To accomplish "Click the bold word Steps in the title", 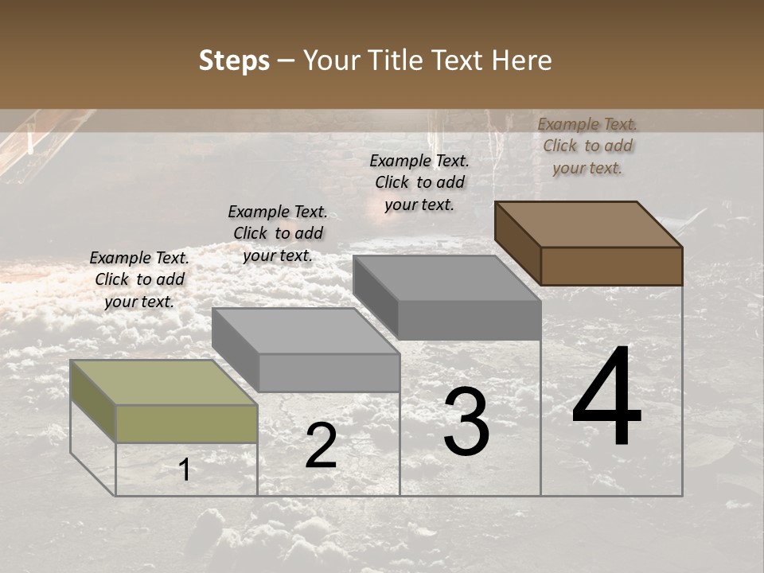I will (234, 60).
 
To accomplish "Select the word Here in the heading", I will (522, 60).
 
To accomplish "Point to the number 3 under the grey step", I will (466, 422).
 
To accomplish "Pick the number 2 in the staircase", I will (321, 446).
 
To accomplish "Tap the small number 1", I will (185, 470).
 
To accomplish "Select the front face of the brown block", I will (611, 266).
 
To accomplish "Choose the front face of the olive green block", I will (186, 423).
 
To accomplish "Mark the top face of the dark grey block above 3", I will (446, 278).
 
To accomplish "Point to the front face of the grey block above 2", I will (329, 372).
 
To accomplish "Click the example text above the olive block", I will (139, 279).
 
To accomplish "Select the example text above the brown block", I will (587, 146).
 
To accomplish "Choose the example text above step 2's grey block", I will (278, 233).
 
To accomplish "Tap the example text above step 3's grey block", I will (419, 182).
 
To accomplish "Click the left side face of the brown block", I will (518, 243).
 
